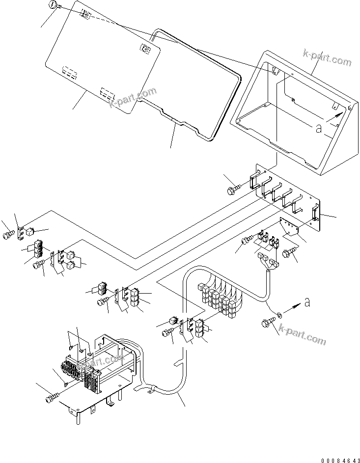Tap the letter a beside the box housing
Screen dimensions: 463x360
pos(318,129)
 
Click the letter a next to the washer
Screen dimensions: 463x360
pos(307,303)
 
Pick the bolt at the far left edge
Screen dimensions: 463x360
pos(7,236)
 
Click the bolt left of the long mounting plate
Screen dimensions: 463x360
pos(233,189)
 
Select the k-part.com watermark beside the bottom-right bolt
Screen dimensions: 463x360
pos(302,339)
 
